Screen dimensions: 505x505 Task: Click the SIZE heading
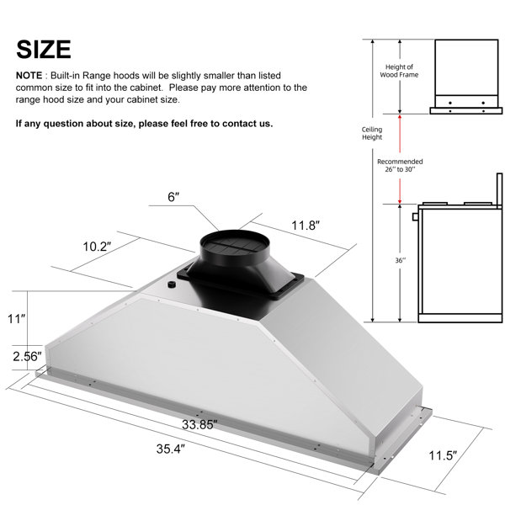(x=44, y=50)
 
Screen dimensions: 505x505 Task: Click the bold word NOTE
(x=29, y=76)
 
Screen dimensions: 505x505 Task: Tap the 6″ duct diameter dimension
(x=173, y=197)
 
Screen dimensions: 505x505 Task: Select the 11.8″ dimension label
(x=306, y=226)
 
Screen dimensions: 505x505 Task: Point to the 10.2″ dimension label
(x=97, y=247)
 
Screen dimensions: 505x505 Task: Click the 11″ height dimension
(x=17, y=319)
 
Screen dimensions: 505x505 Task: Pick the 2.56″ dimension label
(x=28, y=357)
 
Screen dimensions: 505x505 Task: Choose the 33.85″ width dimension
(x=199, y=424)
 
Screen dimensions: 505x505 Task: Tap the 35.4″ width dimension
(x=171, y=449)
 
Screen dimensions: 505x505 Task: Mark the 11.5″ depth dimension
(x=443, y=455)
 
